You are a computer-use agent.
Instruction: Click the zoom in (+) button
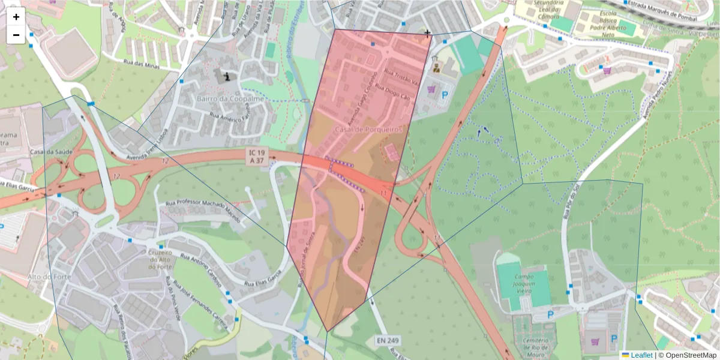point(16,17)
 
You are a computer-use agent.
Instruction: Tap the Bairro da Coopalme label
point(222,98)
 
